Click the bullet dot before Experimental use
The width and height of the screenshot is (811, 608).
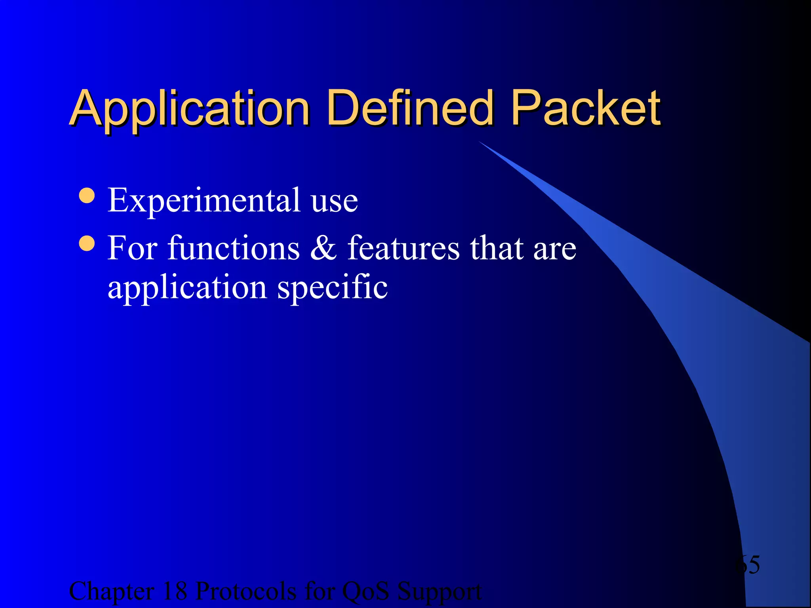click(87, 196)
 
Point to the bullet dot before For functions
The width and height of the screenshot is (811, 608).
click(87, 243)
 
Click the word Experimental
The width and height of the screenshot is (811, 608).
click(204, 201)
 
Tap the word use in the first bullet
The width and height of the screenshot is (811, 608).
click(334, 202)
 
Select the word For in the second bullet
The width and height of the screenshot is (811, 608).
click(132, 248)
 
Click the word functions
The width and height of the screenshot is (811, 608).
click(234, 248)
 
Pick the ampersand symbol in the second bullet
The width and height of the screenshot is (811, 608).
click(323, 248)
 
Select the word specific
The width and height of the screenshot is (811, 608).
click(332, 288)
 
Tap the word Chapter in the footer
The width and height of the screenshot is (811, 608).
click(111, 592)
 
